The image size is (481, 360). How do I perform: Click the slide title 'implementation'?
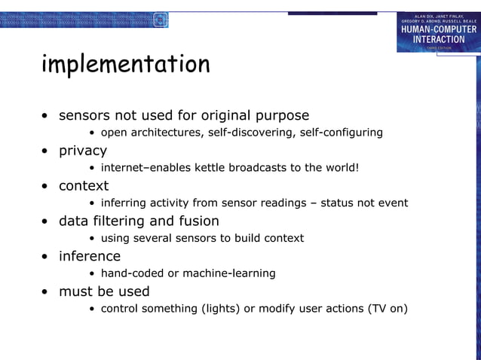[125, 65]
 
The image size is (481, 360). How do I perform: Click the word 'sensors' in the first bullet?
[84, 116]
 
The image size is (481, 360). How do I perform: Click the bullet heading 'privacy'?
[83, 151]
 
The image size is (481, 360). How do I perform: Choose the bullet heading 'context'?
[84, 186]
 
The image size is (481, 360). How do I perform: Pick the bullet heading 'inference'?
[90, 256]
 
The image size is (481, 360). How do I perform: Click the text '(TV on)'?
[387, 308]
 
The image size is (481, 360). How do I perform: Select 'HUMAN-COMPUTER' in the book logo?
[438, 29]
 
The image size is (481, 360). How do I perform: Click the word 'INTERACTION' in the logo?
[438, 38]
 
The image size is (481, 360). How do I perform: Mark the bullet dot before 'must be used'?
[46, 292]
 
